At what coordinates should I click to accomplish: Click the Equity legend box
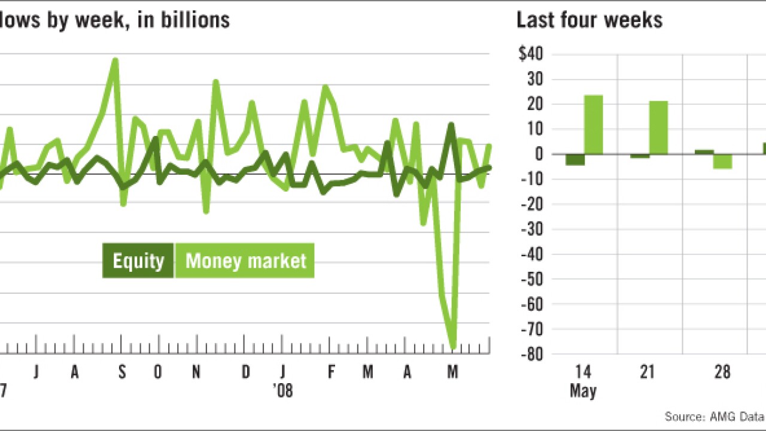pyautogui.click(x=138, y=261)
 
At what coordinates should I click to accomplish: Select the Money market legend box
pyautogui.click(x=245, y=261)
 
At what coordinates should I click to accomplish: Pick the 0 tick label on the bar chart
pyautogui.click(x=538, y=154)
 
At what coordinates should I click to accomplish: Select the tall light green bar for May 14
pyautogui.click(x=593, y=125)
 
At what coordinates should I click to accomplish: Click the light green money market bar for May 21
pyautogui.click(x=658, y=128)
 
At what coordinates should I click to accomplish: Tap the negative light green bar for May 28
pyautogui.click(x=723, y=161)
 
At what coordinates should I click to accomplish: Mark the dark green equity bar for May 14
pyautogui.click(x=575, y=159)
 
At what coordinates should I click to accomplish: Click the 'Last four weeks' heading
pyautogui.click(x=589, y=20)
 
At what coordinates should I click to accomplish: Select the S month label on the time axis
pyautogui.click(x=121, y=372)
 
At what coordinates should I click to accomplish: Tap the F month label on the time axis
pyautogui.click(x=331, y=372)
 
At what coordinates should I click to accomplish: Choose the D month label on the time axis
pyautogui.click(x=246, y=372)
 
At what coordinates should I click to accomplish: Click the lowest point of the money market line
pyautogui.click(x=453, y=347)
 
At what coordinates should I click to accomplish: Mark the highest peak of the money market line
pyautogui.click(x=115, y=59)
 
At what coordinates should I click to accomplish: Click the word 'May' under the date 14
pyautogui.click(x=583, y=391)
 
